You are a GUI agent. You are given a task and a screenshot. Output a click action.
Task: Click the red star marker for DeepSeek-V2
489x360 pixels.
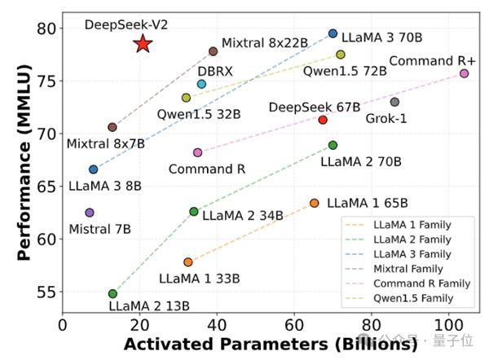click(143, 44)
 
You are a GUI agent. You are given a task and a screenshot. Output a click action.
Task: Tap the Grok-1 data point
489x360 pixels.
click(394, 102)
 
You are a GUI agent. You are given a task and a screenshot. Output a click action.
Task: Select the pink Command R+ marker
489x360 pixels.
click(465, 73)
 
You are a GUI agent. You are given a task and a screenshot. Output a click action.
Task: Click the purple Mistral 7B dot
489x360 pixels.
click(90, 213)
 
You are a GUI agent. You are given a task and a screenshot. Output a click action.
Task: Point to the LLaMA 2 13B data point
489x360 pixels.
click(112, 293)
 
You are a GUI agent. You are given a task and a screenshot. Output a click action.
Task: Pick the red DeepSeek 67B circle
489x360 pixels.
click(323, 120)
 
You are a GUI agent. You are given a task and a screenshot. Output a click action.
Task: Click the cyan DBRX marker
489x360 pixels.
click(201, 84)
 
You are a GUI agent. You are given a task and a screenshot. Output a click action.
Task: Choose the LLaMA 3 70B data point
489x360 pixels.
click(333, 33)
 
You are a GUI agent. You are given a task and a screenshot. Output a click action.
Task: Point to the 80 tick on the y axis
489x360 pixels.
click(49, 29)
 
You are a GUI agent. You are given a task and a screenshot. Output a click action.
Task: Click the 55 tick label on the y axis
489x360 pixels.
click(49, 291)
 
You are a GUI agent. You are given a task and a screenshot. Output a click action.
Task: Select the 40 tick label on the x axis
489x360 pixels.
click(216, 323)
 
